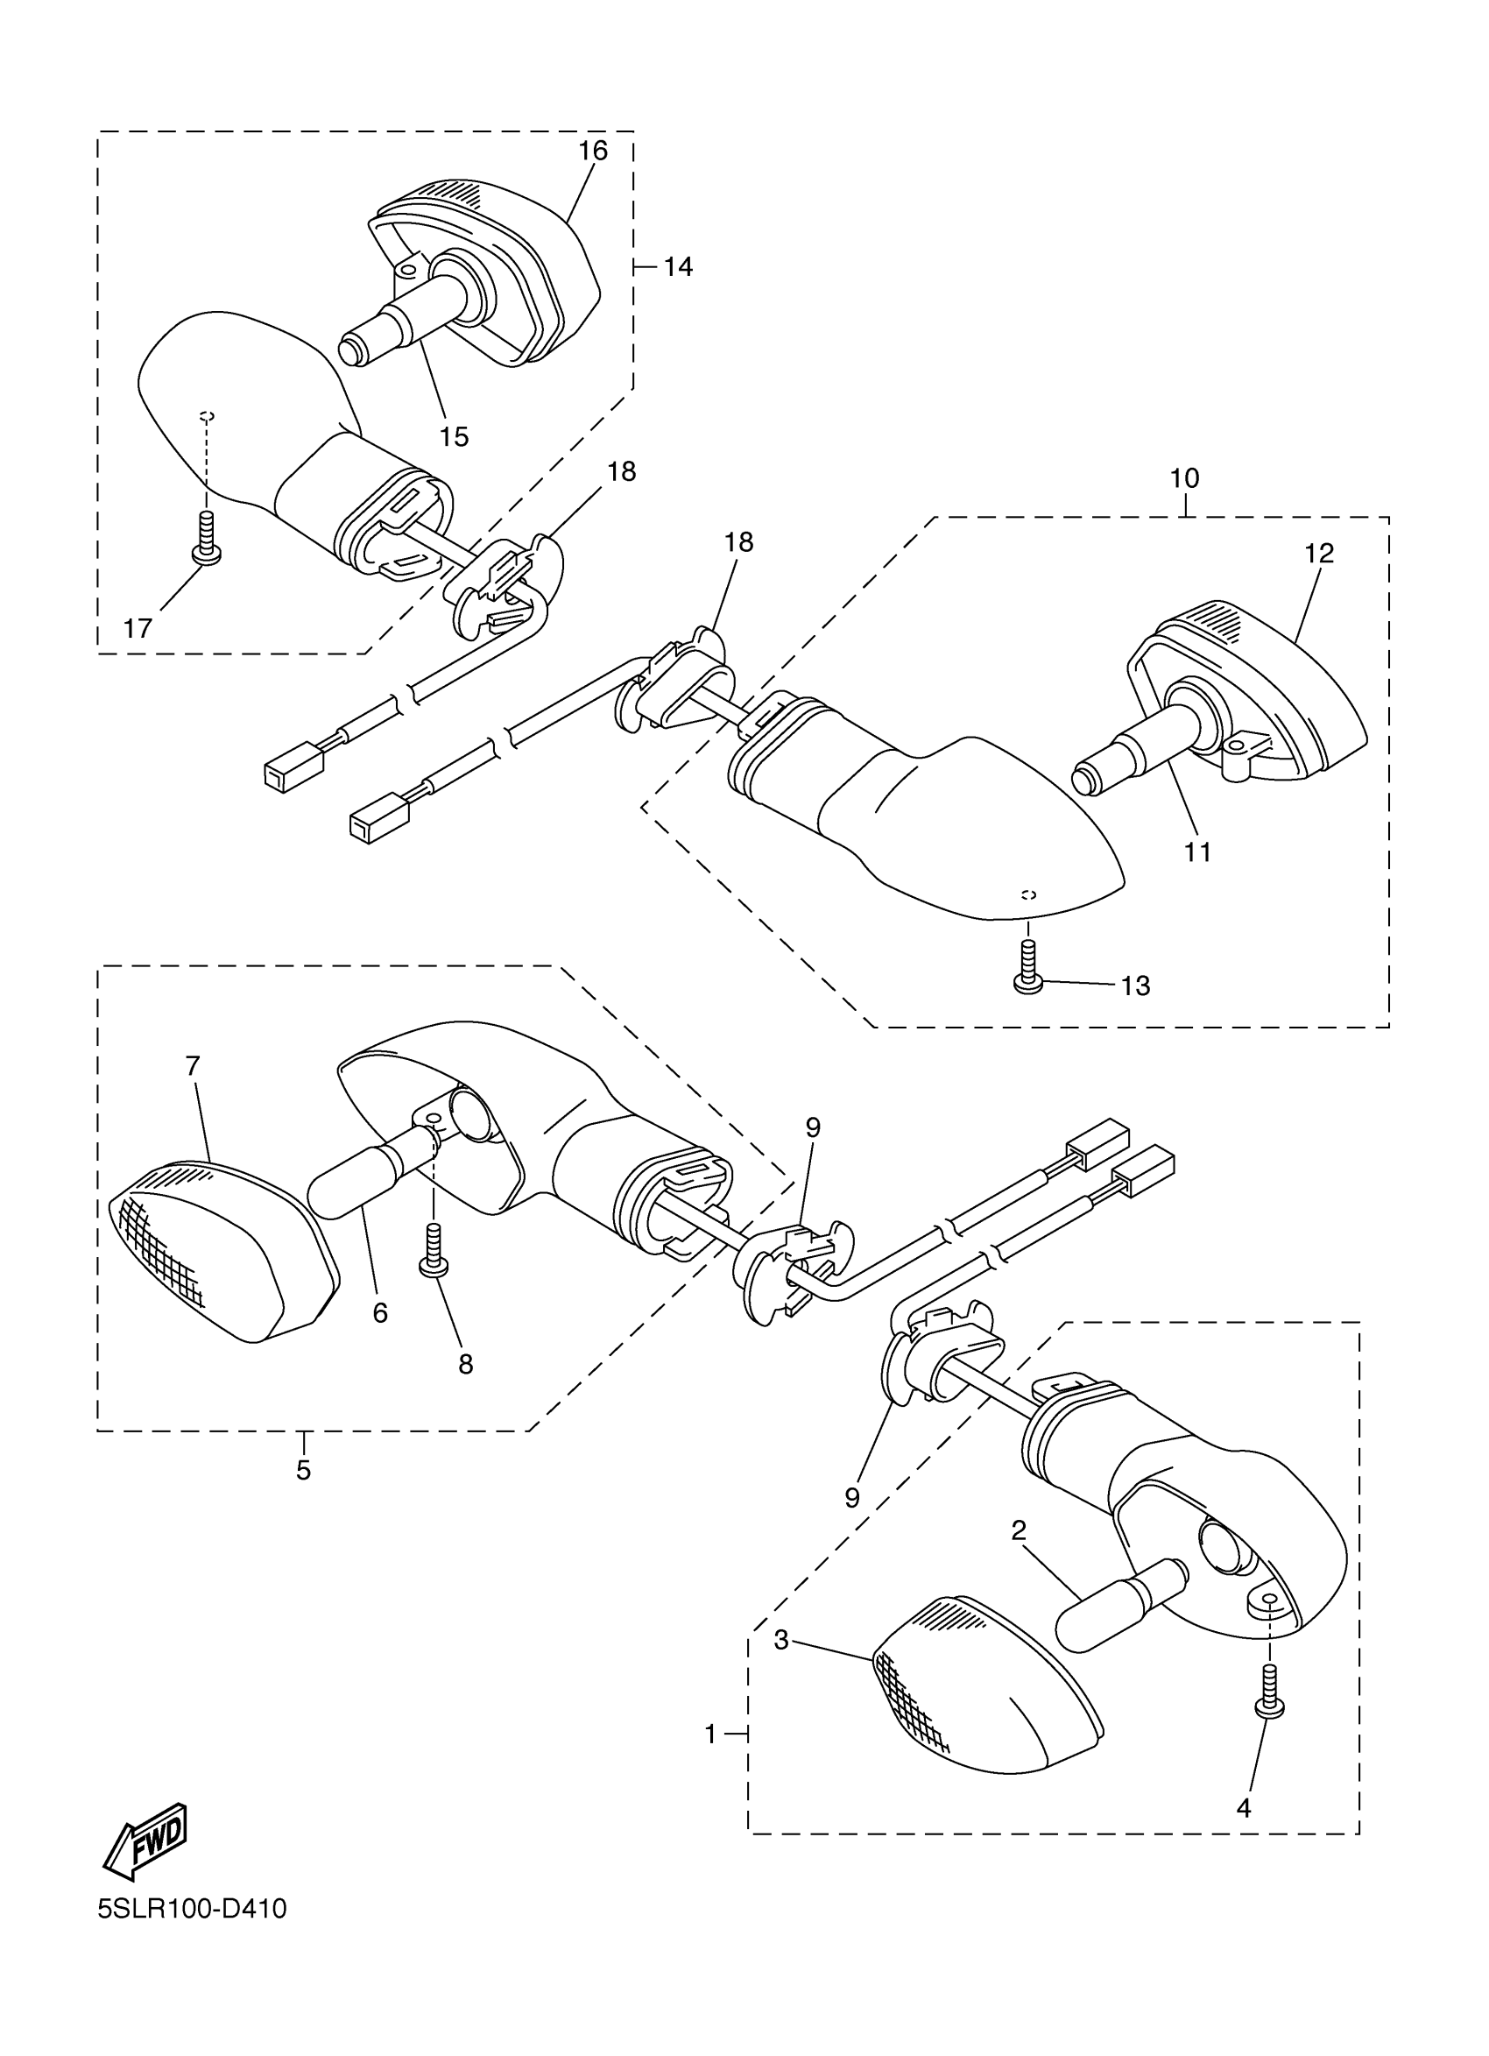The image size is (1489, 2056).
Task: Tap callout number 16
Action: point(593,151)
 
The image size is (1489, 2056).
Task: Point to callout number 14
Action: point(678,266)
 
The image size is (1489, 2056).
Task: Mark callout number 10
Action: point(1184,477)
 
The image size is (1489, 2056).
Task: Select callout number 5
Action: point(303,1470)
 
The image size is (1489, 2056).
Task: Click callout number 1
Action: point(710,1735)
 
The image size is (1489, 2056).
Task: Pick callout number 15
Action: point(454,437)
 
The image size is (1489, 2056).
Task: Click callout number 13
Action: point(1135,986)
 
